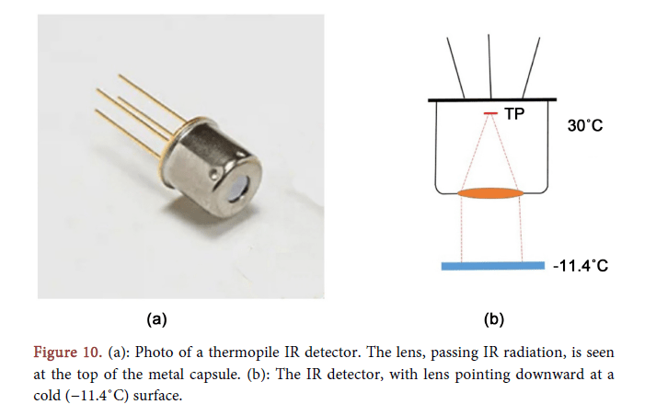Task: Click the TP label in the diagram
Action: point(516,114)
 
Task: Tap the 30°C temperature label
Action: point(585,125)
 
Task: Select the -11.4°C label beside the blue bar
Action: point(581,266)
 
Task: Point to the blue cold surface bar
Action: point(491,267)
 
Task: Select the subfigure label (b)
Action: point(494,319)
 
